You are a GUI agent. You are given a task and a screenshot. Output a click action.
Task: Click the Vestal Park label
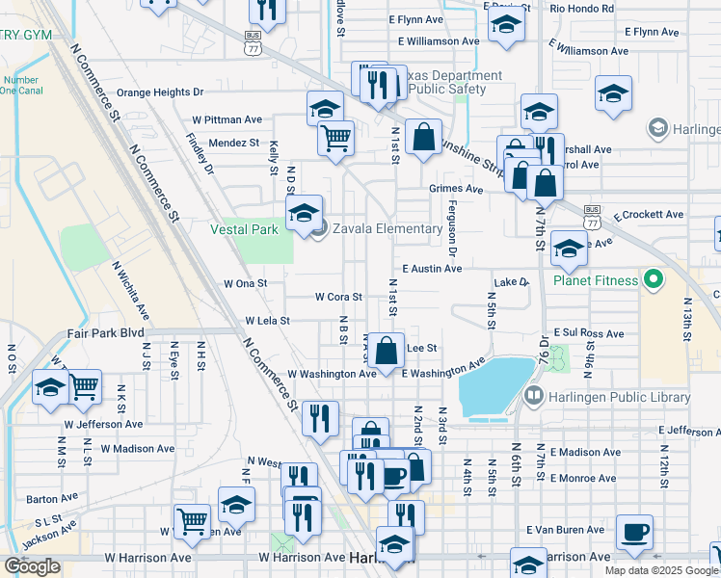[x=245, y=229]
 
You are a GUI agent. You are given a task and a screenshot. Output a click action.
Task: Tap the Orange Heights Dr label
[x=161, y=93]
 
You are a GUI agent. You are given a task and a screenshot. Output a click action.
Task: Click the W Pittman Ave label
[x=227, y=119]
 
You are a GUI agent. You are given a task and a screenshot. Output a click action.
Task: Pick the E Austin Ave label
[x=433, y=269]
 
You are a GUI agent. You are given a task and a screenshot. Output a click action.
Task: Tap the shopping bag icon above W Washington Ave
[x=386, y=350]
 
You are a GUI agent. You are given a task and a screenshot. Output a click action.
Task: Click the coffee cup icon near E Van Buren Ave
[x=633, y=532]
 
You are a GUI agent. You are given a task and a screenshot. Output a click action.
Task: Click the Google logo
[x=32, y=566]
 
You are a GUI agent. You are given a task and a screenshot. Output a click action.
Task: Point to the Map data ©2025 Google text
[x=660, y=570]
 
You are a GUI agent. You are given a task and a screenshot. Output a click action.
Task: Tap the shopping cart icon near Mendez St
[x=335, y=138]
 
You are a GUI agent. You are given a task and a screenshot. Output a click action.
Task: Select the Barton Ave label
[x=44, y=500]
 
